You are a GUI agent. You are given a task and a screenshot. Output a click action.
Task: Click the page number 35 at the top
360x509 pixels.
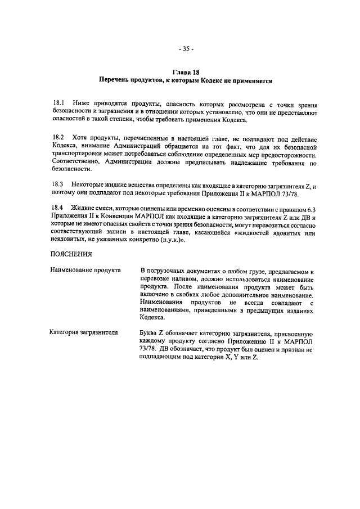(x=186, y=48)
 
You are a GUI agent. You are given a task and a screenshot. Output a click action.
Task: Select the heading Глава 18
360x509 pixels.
(x=185, y=73)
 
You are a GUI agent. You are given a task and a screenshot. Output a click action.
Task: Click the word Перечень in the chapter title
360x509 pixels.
(x=116, y=81)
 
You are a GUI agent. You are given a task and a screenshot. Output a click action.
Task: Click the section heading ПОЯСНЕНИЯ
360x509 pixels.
(x=71, y=253)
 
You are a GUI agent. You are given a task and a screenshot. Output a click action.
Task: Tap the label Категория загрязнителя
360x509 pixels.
(x=84, y=333)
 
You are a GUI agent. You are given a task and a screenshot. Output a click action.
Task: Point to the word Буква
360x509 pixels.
(x=150, y=333)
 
